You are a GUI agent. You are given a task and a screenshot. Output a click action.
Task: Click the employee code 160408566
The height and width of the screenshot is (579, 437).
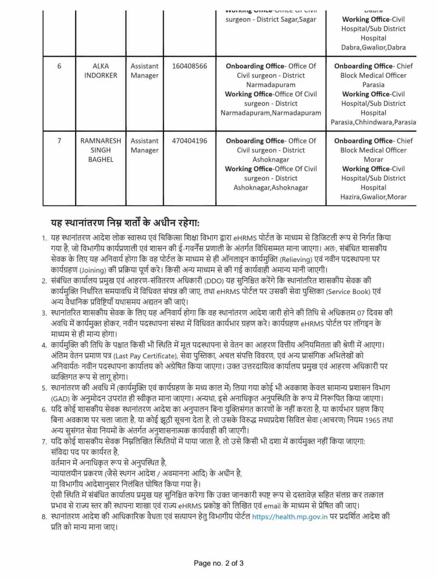click(189, 66)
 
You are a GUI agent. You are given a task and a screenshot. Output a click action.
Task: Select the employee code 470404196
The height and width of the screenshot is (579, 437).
click(189, 141)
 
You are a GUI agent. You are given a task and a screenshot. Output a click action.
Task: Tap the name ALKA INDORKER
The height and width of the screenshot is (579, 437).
click(100, 71)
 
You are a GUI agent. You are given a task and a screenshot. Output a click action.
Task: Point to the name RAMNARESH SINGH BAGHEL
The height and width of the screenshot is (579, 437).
click(100, 150)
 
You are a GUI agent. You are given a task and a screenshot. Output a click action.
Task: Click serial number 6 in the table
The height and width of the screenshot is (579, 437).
click(59, 66)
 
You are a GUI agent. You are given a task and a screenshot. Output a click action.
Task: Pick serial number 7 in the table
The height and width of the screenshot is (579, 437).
click(59, 141)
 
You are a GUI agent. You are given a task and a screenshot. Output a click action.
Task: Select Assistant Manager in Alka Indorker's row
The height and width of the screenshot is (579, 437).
click(144, 71)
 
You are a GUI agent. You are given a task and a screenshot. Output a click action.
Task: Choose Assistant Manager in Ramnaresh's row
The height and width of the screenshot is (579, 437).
click(144, 145)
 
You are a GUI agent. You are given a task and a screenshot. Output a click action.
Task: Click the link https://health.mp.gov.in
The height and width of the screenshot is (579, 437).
click(290, 517)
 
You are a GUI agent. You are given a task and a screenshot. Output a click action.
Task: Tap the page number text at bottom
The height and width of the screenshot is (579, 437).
click(218, 563)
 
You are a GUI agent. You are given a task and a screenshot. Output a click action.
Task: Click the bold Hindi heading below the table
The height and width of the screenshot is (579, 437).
click(125, 223)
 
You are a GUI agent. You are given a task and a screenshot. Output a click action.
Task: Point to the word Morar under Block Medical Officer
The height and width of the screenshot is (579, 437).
click(373, 160)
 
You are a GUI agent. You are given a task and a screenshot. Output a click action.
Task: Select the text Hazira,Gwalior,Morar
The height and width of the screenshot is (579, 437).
click(373, 197)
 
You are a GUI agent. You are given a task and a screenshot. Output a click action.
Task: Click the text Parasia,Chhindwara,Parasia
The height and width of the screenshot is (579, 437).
click(373, 122)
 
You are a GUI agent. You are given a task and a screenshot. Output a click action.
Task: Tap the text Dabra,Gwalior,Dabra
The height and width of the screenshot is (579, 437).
click(373, 48)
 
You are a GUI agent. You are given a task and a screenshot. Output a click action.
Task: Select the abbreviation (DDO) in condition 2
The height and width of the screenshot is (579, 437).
click(214, 281)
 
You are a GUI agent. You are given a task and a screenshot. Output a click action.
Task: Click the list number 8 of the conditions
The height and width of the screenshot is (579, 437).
click(44, 517)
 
